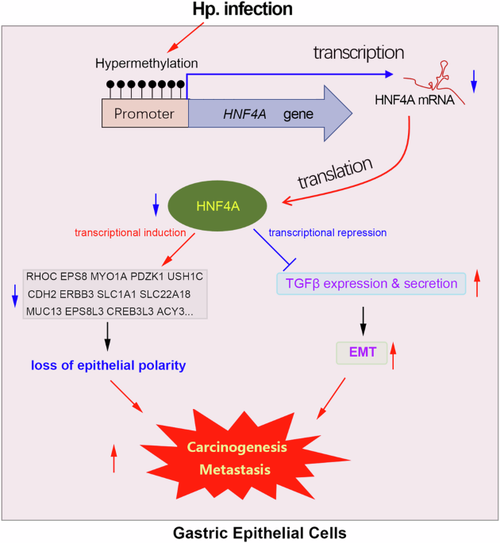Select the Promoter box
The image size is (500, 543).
pos(144,113)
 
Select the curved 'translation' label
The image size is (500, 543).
pos(334,175)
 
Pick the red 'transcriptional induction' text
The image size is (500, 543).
pos(130,233)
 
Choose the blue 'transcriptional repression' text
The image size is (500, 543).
pos(328,233)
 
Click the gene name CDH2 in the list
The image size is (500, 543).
pos(41,294)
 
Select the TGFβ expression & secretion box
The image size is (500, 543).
pos(371,283)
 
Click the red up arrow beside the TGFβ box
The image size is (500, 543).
pos(477,283)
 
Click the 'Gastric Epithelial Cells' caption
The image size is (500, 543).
pos(249,532)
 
